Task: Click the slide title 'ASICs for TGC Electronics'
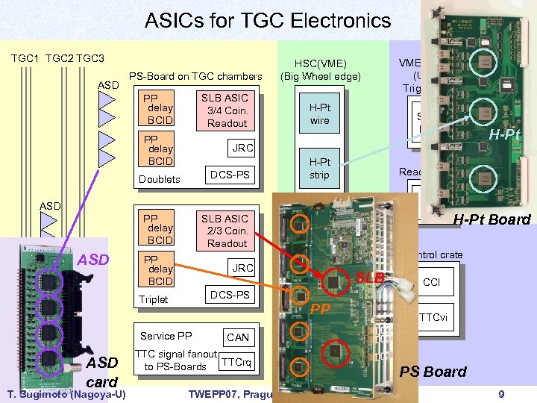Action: coord(268,20)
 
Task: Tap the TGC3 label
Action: coord(90,58)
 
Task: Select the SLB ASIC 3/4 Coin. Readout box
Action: coord(227,110)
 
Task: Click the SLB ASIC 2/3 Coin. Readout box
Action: coord(227,231)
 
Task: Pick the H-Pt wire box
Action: coord(319,114)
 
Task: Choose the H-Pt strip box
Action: coord(319,169)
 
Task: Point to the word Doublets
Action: coord(160,179)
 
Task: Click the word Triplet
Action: coord(154,299)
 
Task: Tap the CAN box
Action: coord(237,337)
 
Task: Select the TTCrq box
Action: coord(237,363)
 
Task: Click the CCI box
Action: coord(431,283)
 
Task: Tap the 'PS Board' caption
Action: coord(433,372)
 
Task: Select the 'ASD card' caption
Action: coord(103,371)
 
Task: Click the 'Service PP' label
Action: coord(166,337)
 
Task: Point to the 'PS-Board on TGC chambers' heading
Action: coord(195,75)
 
